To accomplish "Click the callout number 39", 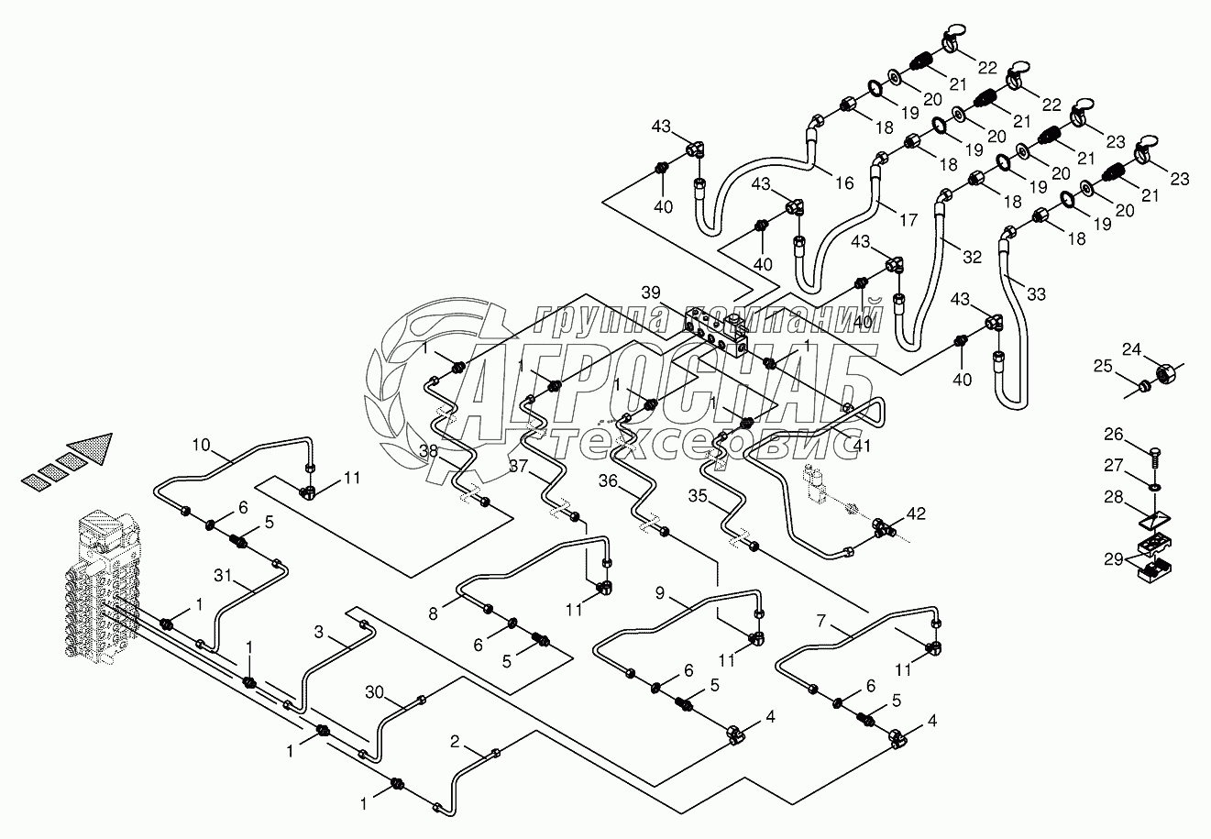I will pos(651,293).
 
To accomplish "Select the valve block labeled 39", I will pos(718,332).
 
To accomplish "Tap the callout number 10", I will pos(201,447).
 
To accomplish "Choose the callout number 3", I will pos(319,632).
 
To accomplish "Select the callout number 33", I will pos(1036,294).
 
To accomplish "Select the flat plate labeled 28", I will pos(1150,519).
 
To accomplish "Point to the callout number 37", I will pos(519,467).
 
